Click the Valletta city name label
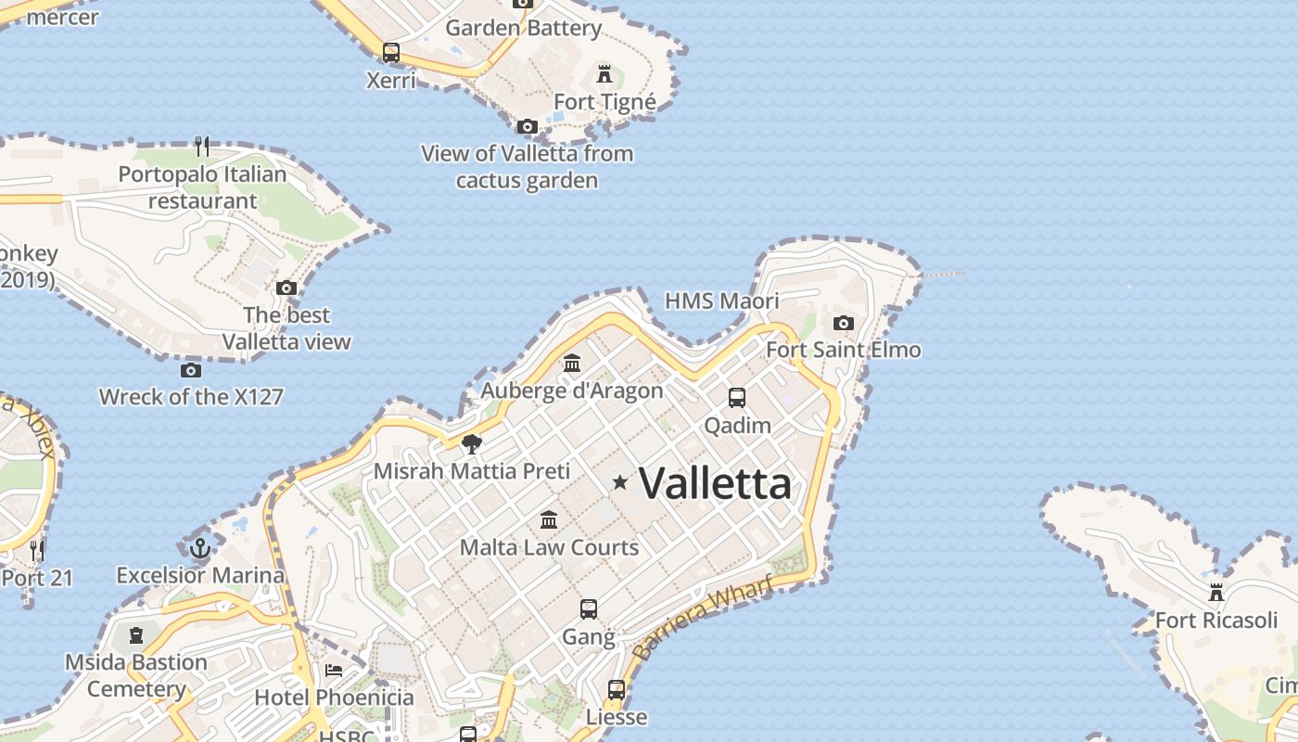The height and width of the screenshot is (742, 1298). coord(716,483)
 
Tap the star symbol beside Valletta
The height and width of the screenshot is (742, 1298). coord(620,482)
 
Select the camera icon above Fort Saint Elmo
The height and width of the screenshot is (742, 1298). coord(843,323)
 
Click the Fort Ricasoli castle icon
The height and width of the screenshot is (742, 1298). coord(1215,592)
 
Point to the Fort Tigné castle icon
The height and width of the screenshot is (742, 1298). coord(604,74)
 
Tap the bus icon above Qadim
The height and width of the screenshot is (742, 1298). coord(737,398)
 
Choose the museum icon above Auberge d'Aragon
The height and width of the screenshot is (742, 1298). coord(572,364)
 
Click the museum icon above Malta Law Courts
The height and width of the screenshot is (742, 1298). coord(549,519)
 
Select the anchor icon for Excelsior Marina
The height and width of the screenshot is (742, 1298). coord(199,548)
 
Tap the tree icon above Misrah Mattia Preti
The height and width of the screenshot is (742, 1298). coord(472,443)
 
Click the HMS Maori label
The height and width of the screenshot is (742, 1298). coord(722,301)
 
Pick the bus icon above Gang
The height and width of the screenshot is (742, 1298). coord(589,609)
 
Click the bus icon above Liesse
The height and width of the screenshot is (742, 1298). coord(617,690)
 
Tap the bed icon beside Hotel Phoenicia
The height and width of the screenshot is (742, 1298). coord(334,670)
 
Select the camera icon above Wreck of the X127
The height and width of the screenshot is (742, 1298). coord(191,370)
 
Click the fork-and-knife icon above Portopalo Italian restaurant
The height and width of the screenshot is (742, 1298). coord(202,147)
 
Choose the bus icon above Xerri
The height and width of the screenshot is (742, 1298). coord(391,52)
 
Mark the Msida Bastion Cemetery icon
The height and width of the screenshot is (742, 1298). coord(136,635)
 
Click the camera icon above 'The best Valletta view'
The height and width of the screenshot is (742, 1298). coord(286,288)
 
